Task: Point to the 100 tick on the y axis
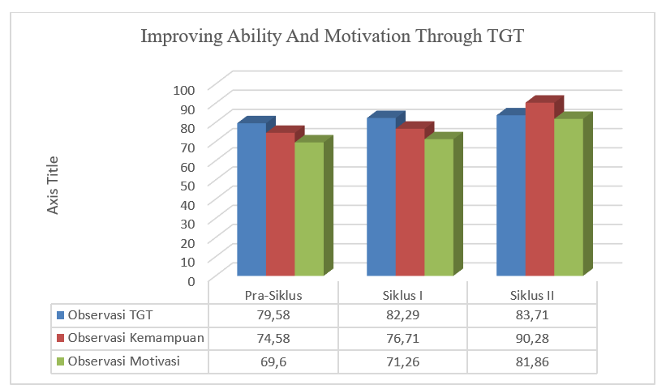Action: coord(186,88)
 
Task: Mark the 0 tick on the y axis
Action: coord(192,280)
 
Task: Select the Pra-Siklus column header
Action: coord(273,293)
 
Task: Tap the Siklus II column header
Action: coord(534,293)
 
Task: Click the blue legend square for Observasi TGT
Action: coord(59,314)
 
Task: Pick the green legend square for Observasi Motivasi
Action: coord(59,361)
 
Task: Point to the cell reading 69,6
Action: coord(273,361)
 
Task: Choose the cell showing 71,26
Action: coord(403,361)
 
